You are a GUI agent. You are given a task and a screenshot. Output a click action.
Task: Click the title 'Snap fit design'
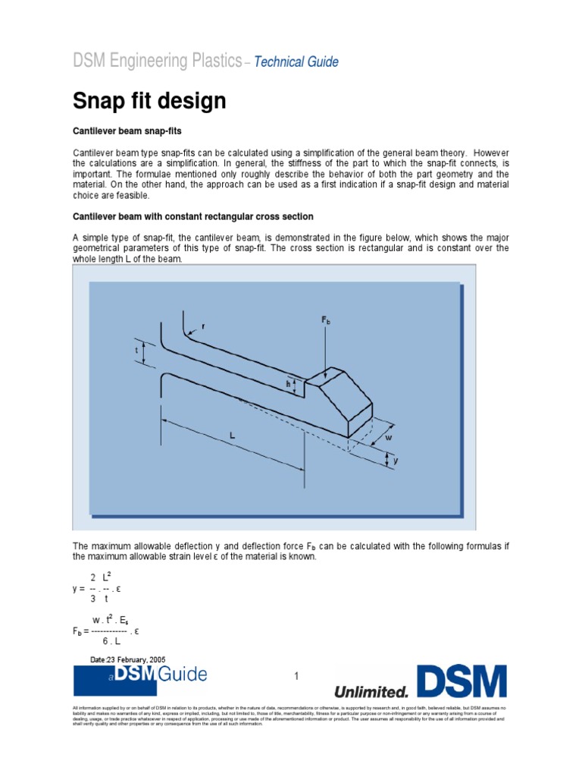[x=149, y=100]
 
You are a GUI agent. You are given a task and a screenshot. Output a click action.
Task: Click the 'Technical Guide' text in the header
[x=296, y=62]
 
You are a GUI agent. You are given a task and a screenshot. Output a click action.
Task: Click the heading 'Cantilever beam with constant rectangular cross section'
[x=192, y=216]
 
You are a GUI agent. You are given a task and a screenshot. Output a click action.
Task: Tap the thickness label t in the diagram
[x=136, y=351]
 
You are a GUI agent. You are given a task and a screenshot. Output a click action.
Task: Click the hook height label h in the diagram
[x=288, y=385]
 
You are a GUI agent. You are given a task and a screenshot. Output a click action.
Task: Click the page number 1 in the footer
[x=297, y=676]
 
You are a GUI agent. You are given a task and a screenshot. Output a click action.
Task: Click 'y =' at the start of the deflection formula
[x=79, y=588]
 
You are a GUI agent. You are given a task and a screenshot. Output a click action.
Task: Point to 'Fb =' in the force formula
[x=80, y=631]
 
